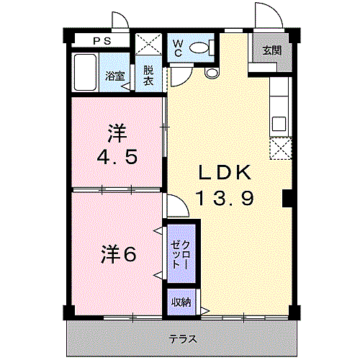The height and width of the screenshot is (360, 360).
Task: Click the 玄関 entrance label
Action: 271,50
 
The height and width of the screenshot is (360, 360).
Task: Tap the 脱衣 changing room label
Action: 148,76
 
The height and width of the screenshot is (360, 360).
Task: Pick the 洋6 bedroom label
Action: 117,253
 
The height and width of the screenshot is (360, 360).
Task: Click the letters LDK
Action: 224,173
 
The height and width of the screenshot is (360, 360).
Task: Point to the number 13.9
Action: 224,197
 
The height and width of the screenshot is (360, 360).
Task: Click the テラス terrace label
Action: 183,338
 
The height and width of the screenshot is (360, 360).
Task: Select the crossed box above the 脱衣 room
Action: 148,44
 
